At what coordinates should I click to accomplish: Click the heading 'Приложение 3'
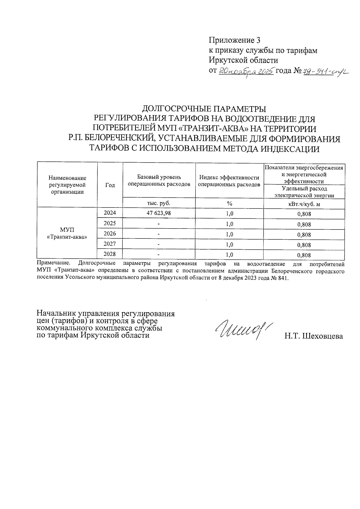tap(234, 40)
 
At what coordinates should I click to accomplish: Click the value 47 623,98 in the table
tap(159, 213)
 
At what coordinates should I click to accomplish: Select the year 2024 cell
tap(110, 213)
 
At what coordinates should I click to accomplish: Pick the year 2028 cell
tap(110, 254)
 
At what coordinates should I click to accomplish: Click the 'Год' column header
tap(110, 185)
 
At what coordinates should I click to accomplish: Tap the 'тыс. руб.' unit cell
tap(159, 203)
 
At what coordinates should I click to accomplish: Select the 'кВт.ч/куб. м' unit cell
tap(304, 204)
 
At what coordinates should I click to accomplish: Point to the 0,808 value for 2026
tap(304, 235)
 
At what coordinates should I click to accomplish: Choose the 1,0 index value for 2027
tap(229, 245)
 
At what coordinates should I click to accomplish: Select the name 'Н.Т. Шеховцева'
tap(313, 336)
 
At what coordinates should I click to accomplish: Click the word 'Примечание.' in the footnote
tap(53, 264)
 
